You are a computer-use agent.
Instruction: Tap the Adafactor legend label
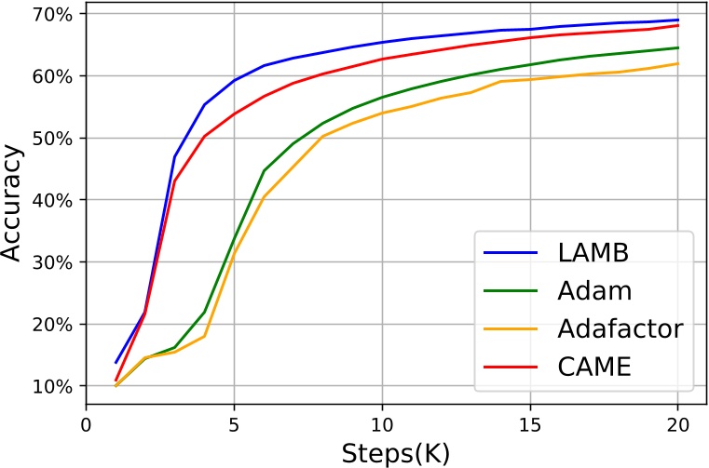(620, 328)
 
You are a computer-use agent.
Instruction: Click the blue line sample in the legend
(511, 252)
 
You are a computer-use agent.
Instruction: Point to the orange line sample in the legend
(511, 328)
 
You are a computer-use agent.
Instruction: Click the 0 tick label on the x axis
(86, 423)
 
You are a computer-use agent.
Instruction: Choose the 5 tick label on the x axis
(234, 423)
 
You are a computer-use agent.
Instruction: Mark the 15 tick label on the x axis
(530, 423)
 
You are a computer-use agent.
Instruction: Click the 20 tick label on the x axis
(677, 423)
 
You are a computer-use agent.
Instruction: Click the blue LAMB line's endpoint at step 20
(678, 20)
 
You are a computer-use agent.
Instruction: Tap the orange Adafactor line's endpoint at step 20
(678, 63)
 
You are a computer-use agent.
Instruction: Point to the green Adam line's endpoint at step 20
(678, 47)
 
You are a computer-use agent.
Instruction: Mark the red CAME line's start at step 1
(116, 381)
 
